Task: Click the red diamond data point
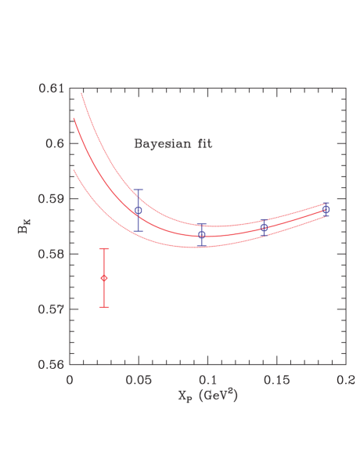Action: (x=104, y=278)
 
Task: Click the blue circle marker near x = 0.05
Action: (x=139, y=210)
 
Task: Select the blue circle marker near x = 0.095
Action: (x=202, y=234)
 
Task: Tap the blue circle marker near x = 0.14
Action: (x=264, y=227)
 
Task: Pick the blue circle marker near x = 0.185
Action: (x=326, y=209)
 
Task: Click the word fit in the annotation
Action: (x=203, y=144)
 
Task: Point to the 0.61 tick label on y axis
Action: (x=52, y=89)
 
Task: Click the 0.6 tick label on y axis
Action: (x=55, y=143)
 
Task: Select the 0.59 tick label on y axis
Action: (x=52, y=199)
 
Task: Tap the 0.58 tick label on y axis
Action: (x=52, y=254)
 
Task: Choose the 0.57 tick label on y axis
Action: (x=52, y=309)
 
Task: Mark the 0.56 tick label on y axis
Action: (x=52, y=364)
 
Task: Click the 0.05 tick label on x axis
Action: (x=139, y=378)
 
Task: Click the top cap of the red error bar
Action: (x=104, y=248)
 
